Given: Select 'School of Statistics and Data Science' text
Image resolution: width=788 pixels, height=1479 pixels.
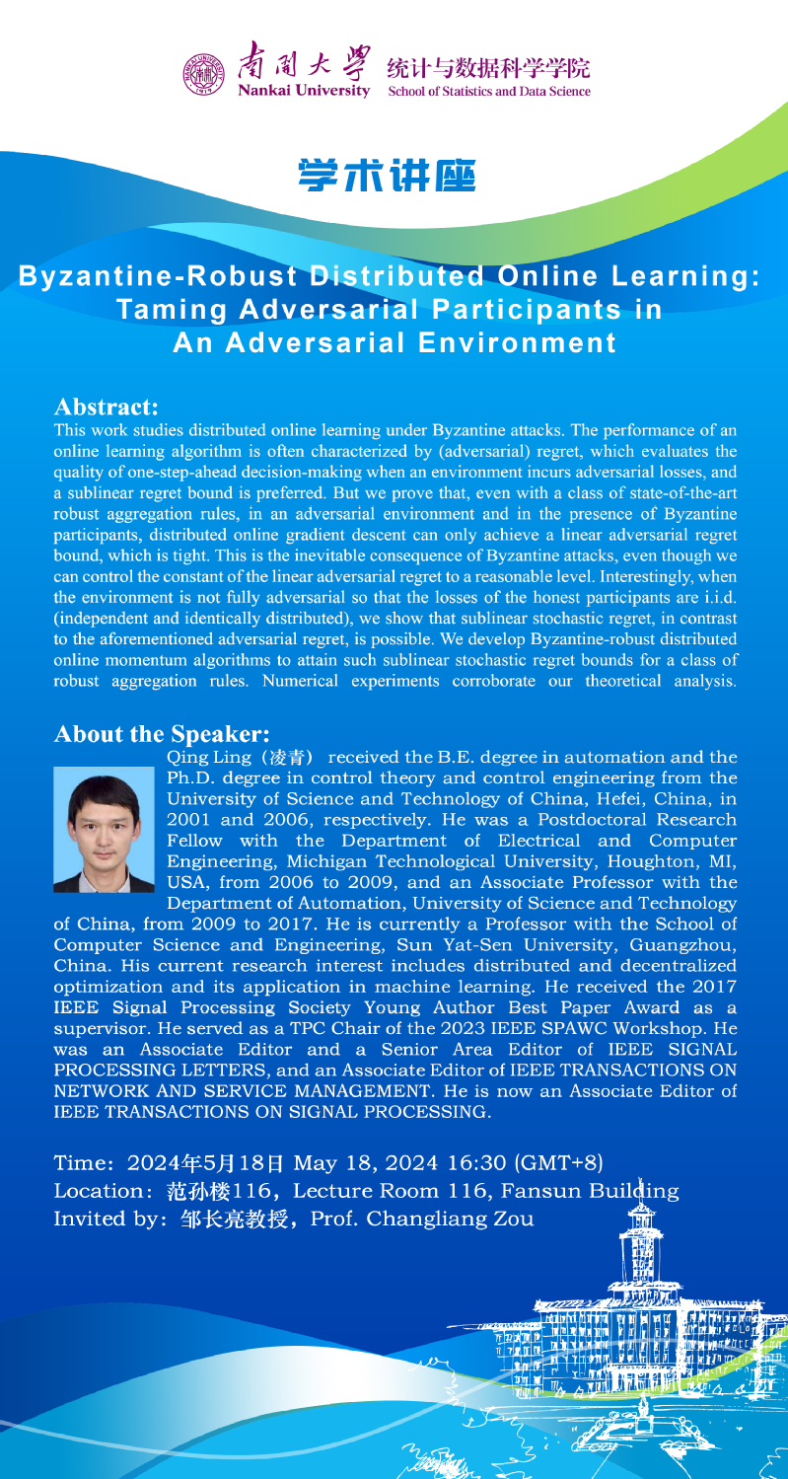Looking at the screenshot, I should (x=489, y=92).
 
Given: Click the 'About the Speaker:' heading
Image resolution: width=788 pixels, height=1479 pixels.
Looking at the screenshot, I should (x=162, y=734).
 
